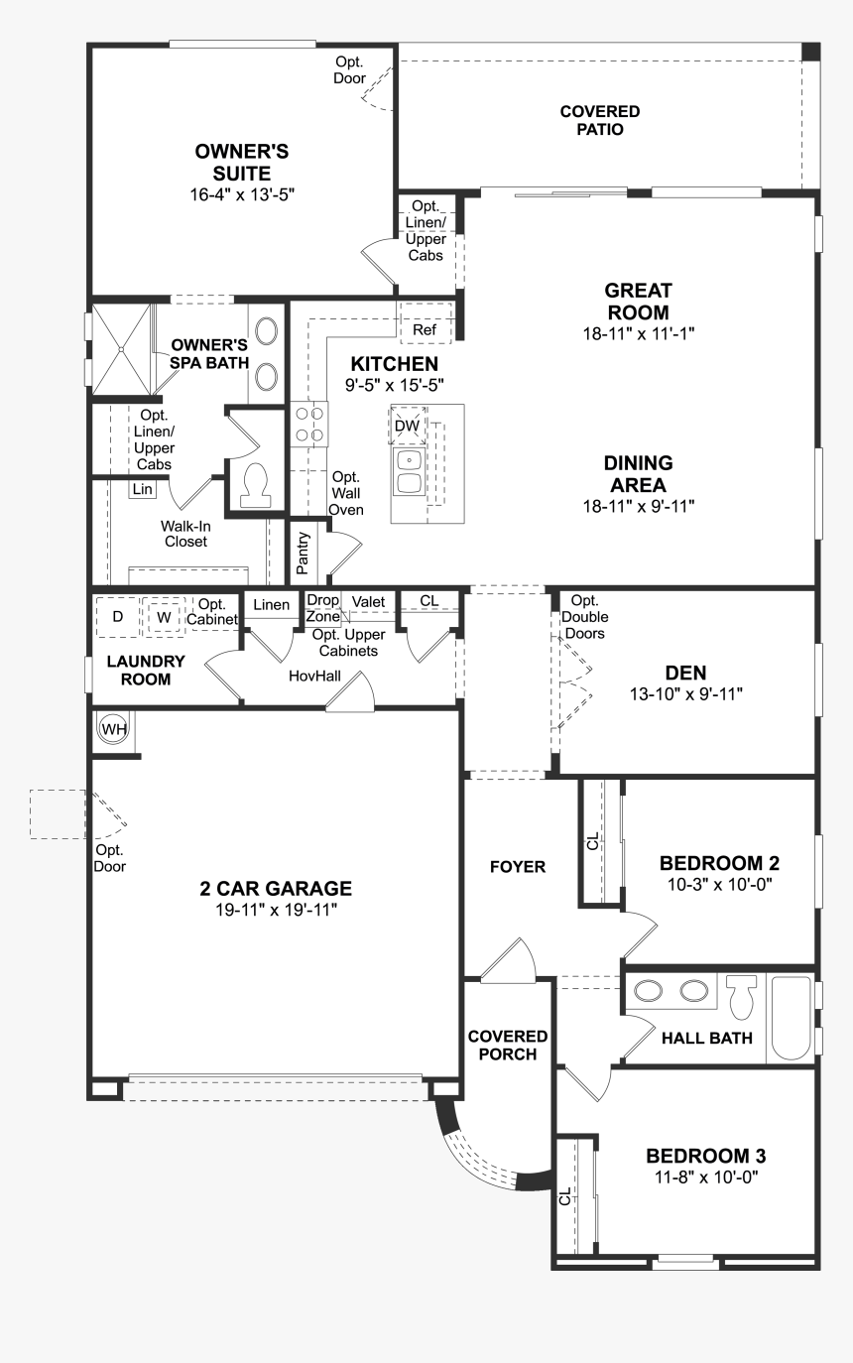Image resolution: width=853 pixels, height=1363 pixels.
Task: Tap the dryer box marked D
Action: point(117,617)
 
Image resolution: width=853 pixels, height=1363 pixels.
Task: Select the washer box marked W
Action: point(164,617)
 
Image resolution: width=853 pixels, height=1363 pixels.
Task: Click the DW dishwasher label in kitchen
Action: point(407,426)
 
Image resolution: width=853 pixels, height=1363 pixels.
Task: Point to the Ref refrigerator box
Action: point(425,329)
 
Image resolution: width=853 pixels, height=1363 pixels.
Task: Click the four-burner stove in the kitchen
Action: point(309,425)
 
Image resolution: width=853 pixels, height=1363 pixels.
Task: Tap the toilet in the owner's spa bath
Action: point(256,484)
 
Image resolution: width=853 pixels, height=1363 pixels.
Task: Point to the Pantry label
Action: point(304,554)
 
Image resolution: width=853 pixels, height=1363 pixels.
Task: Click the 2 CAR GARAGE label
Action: point(276,889)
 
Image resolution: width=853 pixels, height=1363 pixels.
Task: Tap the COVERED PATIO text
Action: point(599,120)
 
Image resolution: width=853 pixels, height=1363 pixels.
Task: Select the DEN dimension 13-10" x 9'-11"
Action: point(685,693)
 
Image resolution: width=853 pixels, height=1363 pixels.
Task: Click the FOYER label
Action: point(518,867)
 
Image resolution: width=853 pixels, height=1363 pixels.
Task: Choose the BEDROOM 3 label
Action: point(705,1156)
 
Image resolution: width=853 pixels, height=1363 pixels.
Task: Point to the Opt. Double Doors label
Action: point(584,616)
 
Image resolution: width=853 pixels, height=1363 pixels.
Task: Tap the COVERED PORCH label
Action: point(502,1045)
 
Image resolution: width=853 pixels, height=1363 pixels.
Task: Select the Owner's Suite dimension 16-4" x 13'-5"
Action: point(242,195)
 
